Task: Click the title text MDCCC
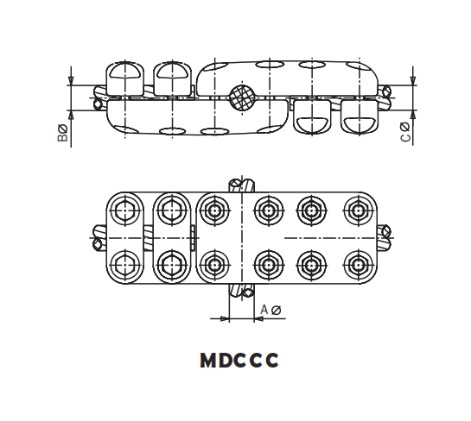point(239,361)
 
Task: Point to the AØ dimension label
point(270,309)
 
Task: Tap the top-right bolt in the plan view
point(357,208)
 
